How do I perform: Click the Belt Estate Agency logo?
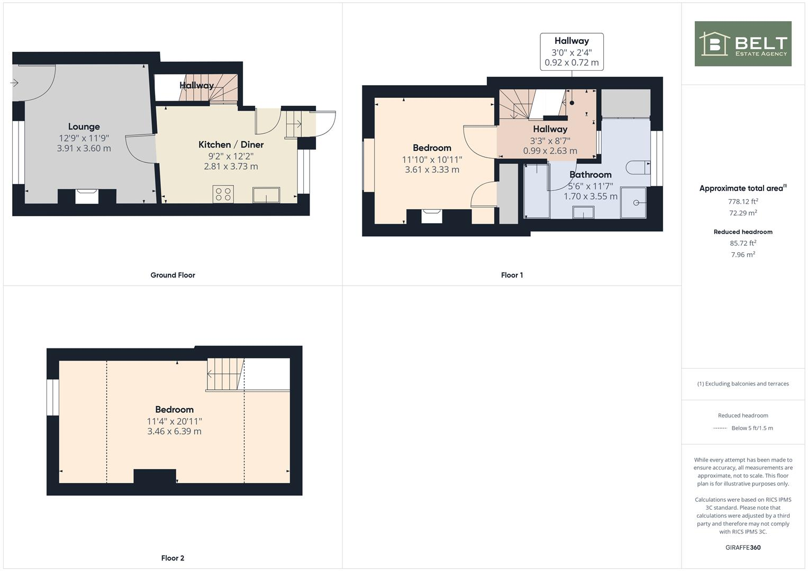pyautogui.click(x=742, y=44)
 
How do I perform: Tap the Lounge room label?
pyautogui.click(x=84, y=126)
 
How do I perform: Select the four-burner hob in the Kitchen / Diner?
pyautogui.click(x=223, y=194)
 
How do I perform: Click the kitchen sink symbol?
pyautogui.click(x=266, y=195)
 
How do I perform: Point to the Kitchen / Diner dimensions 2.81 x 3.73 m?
pyautogui.click(x=231, y=167)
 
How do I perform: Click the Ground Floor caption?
pyautogui.click(x=173, y=275)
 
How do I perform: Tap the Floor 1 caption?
pyautogui.click(x=512, y=275)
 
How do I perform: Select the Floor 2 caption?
pyautogui.click(x=173, y=558)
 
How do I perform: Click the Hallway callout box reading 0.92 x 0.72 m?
pyautogui.click(x=571, y=52)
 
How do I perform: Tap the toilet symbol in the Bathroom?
pyautogui.click(x=637, y=168)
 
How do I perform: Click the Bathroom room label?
pyautogui.click(x=590, y=174)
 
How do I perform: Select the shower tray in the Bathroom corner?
pyautogui.click(x=633, y=202)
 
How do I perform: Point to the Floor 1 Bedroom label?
pyautogui.click(x=432, y=148)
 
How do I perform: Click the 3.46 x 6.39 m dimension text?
pyautogui.click(x=174, y=431)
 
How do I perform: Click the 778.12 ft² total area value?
pyautogui.click(x=742, y=201)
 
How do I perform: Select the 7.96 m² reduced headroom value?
pyautogui.click(x=742, y=255)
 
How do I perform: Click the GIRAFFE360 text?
pyautogui.click(x=742, y=547)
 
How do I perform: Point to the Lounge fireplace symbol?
pyautogui.click(x=86, y=196)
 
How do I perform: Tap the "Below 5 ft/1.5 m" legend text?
pyautogui.click(x=752, y=428)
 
